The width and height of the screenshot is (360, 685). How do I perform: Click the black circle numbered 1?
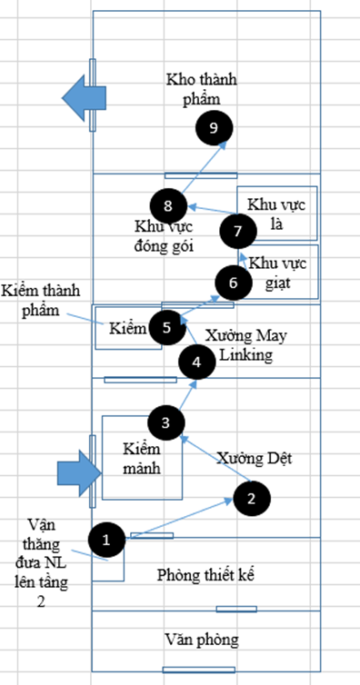coord(106,540)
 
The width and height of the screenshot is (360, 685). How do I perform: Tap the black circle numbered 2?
coord(252,499)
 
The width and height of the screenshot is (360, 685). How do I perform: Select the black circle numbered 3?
coord(166,422)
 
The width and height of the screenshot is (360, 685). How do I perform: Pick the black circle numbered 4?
coord(197,362)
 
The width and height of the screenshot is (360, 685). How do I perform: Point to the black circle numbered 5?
coord(167,328)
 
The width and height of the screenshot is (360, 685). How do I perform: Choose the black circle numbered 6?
coord(234,283)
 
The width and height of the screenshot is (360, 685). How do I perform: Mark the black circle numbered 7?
coord(237,231)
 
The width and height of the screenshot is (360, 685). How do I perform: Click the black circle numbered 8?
coord(169,205)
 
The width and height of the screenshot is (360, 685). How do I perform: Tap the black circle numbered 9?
coord(214,127)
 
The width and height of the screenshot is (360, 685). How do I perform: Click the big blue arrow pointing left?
coord(84,97)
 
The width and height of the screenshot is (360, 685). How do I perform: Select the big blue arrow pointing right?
coord(79,473)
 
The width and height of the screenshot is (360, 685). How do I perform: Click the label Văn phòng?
coord(202,640)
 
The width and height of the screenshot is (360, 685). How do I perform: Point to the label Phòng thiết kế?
coord(205,575)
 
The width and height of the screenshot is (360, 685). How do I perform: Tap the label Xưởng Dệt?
coord(255,458)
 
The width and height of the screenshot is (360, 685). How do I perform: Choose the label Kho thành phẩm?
coord(202,89)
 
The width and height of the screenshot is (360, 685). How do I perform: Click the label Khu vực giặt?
coord(279,273)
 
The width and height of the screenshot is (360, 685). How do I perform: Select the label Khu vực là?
coord(276,213)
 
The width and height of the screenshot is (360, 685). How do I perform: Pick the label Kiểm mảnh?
coord(142,458)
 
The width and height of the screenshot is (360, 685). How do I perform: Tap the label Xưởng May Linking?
coord(246,345)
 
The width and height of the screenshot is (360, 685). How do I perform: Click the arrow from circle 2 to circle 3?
coord(215,458)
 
